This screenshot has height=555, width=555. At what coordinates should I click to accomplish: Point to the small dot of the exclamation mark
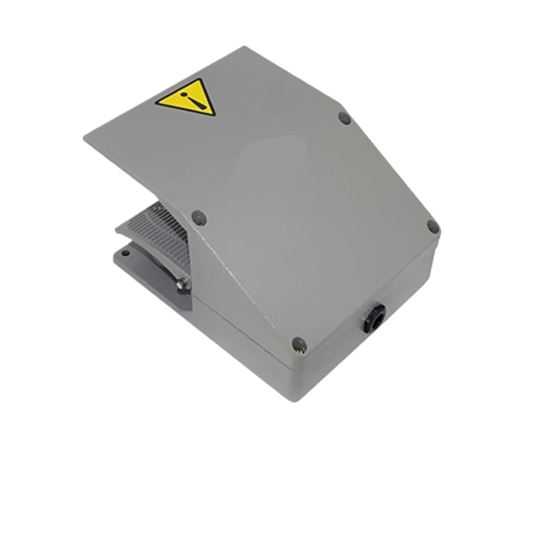182,95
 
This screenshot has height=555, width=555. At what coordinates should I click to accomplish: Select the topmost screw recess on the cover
344,118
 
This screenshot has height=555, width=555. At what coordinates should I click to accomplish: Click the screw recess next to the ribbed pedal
199,217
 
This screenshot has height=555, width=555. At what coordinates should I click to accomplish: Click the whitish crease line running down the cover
237,281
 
